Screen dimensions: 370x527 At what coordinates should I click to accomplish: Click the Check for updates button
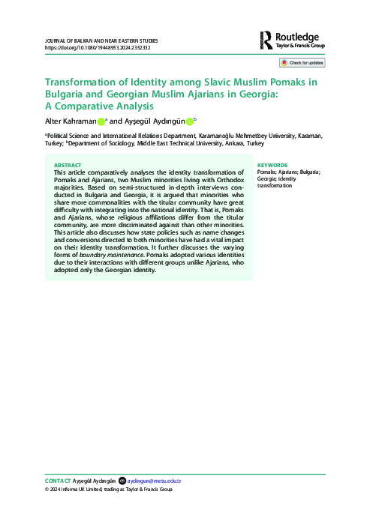click(x=302, y=64)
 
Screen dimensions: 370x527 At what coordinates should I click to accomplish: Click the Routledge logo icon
click(x=268, y=40)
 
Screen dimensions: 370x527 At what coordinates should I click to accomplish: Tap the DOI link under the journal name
click(x=98, y=47)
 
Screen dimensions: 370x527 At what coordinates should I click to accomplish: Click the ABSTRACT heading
click(x=70, y=164)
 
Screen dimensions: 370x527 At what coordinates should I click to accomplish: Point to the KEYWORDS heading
click(x=272, y=164)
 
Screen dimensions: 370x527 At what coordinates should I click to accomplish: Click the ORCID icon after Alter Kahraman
click(x=101, y=121)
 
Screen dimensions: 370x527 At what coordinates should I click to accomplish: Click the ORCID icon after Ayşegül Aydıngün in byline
click(x=189, y=121)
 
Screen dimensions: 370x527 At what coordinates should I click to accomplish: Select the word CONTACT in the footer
click(x=58, y=480)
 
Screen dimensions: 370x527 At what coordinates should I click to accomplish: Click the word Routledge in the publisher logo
click(x=299, y=35)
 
